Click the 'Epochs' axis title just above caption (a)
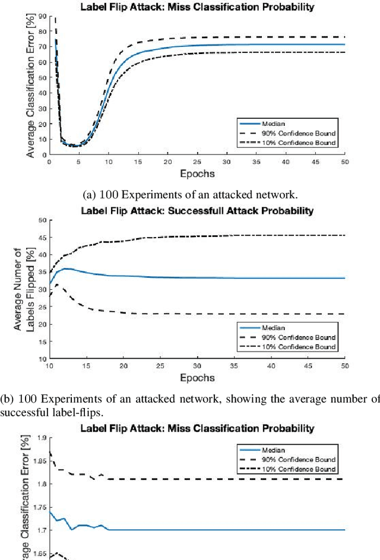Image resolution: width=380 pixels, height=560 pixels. coord(197,174)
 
